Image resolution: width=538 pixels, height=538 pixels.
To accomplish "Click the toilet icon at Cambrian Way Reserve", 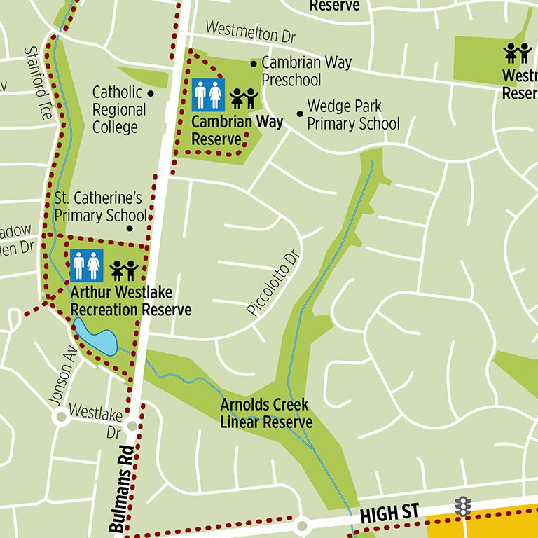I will [208, 95].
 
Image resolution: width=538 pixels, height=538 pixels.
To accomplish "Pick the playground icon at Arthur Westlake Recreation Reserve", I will [123, 270].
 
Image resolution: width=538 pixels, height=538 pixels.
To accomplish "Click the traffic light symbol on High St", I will [462, 506].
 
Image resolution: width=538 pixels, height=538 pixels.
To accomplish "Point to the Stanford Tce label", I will [39, 83].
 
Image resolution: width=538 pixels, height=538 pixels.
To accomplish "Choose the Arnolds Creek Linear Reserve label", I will [265, 413].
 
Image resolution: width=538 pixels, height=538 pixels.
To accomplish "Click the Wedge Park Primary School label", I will [353, 116].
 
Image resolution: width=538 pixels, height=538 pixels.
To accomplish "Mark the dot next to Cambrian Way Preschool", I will [254, 64].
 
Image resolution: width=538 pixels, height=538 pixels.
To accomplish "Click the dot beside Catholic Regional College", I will [151, 92].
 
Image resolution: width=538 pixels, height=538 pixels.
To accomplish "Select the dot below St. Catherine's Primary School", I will [130, 228].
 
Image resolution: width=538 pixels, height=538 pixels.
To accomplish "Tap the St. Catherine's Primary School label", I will [100, 207].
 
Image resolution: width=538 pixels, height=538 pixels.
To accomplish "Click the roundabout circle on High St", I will [302, 525].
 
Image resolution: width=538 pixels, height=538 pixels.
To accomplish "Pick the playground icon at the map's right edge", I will [518, 53].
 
